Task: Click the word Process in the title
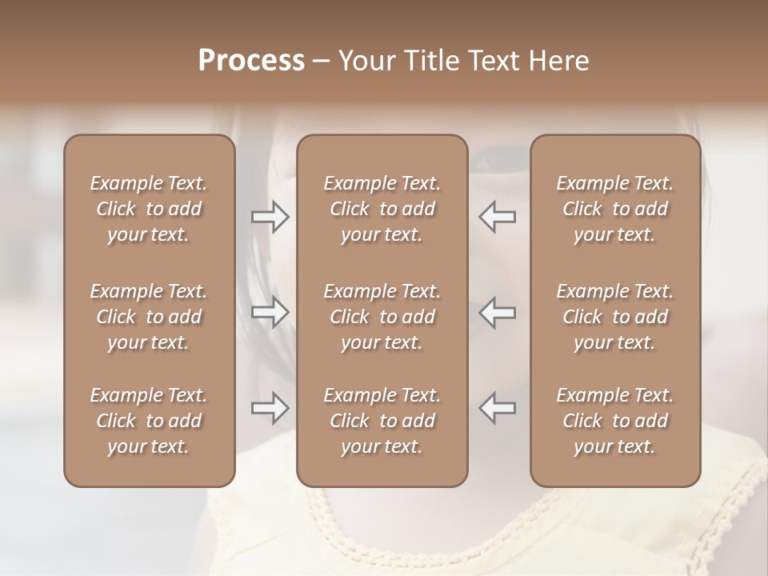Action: click(251, 61)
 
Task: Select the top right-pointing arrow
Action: click(270, 216)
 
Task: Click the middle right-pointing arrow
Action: click(270, 312)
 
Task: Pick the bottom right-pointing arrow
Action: click(270, 408)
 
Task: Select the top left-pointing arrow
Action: click(497, 216)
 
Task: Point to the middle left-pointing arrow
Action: click(497, 312)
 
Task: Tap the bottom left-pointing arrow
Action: click(497, 408)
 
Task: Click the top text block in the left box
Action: click(149, 209)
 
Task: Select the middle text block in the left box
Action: click(149, 317)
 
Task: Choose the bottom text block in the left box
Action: click(149, 421)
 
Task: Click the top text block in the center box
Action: click(382, 209)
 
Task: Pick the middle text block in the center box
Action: click(382, 317)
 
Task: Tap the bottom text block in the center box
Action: click(382, 421)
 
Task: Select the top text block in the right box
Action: click(614, 209)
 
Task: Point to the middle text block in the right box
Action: click(614, 317)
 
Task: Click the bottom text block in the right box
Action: click(614, 421)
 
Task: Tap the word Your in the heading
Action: click(366, 61)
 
